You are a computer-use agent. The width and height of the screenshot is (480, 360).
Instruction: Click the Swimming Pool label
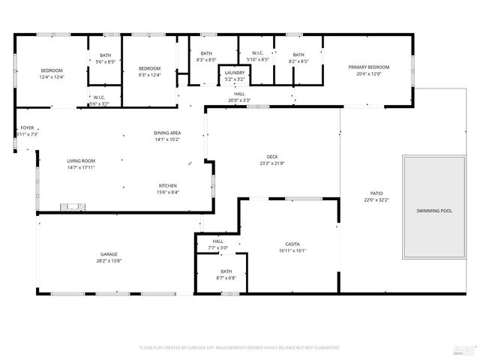click(434, 211)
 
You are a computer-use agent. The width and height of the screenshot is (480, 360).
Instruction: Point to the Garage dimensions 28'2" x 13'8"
click(109, 261)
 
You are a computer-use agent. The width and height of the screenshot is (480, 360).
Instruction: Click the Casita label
click(292, 244)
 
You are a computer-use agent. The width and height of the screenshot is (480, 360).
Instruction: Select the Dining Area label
click(167, 133)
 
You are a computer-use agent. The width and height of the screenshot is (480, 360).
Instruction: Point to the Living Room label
click(81, 160)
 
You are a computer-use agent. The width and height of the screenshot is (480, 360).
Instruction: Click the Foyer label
click(27, 127)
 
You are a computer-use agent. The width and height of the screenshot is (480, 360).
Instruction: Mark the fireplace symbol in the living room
click(73, 205)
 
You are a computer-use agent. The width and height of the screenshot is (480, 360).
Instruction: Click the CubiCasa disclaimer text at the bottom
click(240, 347)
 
